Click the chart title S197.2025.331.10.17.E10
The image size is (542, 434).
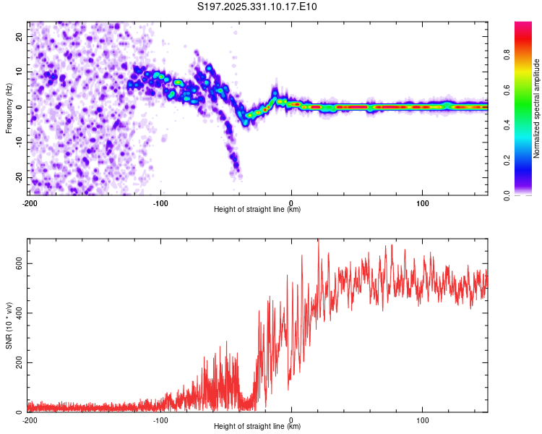point(257,7)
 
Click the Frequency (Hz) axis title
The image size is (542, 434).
point(9,109)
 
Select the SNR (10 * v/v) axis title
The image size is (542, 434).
point(9,325)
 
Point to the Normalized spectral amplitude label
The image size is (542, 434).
point(536,109)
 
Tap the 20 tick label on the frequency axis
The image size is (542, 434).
point(19,37)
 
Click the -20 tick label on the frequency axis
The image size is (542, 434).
point(19,178)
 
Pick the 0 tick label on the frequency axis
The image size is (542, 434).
point(19,107)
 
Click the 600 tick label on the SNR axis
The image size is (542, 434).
point(19,264)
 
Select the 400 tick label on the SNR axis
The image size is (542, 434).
point(19,313)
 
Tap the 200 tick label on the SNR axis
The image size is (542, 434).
point(19,362)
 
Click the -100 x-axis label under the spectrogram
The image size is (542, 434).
point(160,203)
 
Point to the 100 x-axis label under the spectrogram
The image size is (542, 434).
point(423,203)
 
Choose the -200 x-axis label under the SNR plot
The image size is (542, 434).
point(30,420)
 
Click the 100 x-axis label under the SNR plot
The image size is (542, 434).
point(423,420)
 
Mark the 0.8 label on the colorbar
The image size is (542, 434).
point(507,55)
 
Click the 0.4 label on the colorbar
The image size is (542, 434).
point(507,125)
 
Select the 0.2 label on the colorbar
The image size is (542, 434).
point(507,161)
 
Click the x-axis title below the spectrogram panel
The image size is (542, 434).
point(257,209)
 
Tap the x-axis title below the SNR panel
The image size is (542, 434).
point(257,426)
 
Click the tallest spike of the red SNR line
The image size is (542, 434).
point(319,240)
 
